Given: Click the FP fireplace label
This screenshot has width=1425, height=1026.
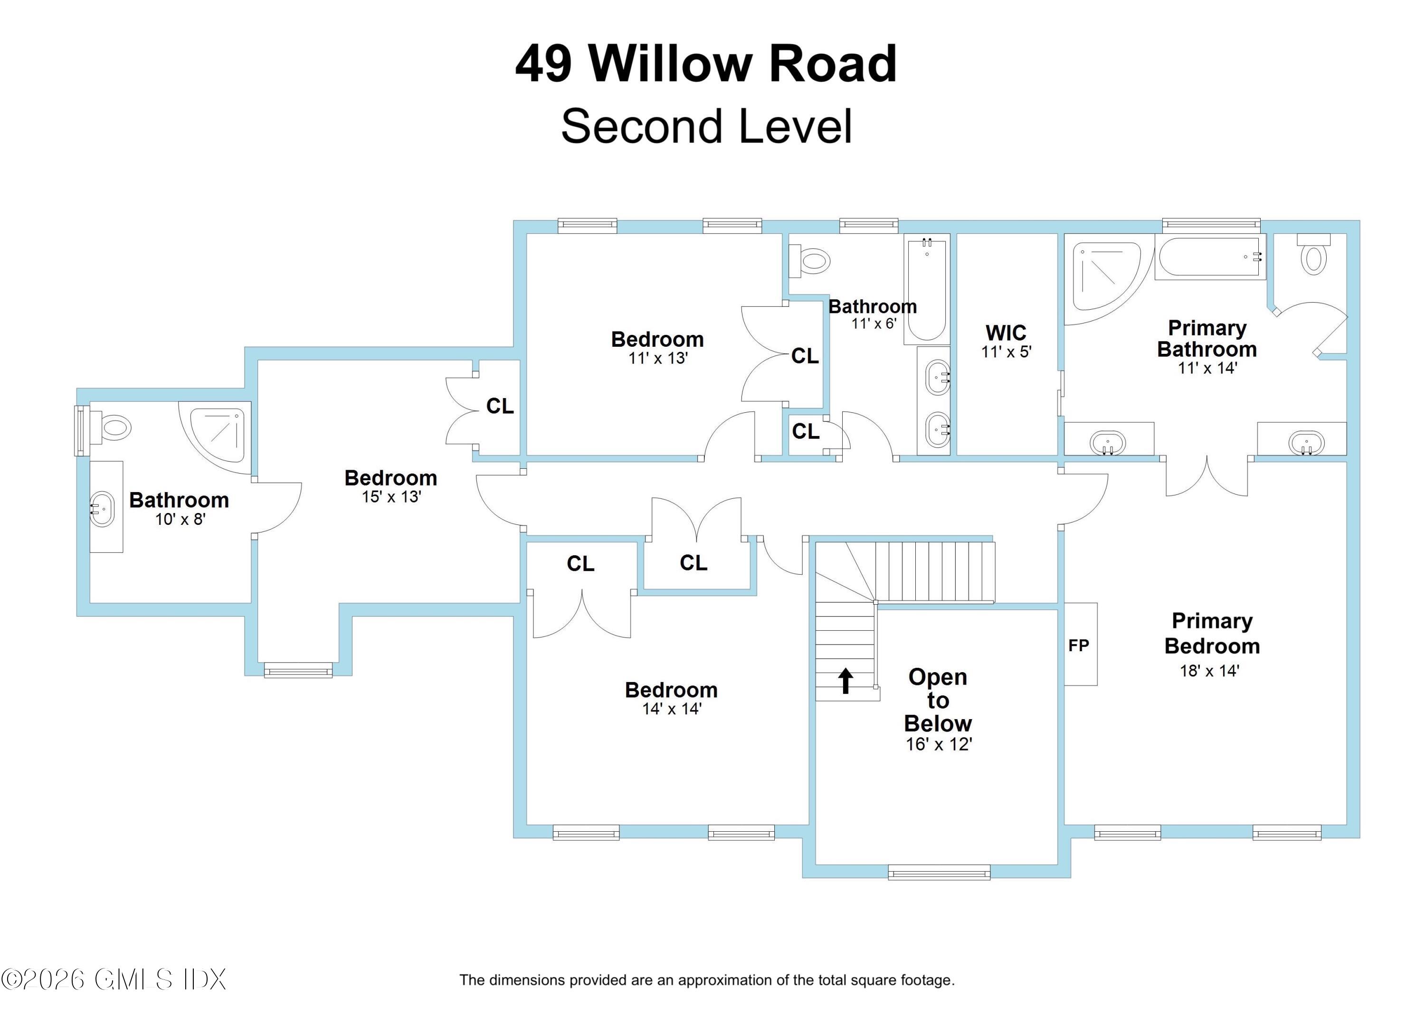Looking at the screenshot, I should [1078, 645].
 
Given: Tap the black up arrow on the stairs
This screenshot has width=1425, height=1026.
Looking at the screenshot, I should [845, 681].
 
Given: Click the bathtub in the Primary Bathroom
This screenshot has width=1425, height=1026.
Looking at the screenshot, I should [1209, 257].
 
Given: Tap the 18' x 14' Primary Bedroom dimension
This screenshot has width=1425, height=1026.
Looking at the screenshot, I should [1209, 671].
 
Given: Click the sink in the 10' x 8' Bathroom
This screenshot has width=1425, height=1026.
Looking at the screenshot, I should [103, 509].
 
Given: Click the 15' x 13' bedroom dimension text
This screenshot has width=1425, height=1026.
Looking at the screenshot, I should [391, 497].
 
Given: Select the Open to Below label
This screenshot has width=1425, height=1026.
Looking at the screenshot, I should [938, 700].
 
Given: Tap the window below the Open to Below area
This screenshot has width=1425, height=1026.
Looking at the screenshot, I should [939, 872].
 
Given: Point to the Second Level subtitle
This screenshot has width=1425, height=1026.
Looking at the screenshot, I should [706, 126].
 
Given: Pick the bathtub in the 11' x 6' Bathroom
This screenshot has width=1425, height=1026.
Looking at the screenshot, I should [926, 289].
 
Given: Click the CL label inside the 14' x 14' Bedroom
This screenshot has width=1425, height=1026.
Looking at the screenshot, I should [580, 563].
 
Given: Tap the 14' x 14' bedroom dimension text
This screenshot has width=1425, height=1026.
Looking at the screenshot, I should [672, 709].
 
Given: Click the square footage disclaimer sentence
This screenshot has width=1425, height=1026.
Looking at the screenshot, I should [707, 980].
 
